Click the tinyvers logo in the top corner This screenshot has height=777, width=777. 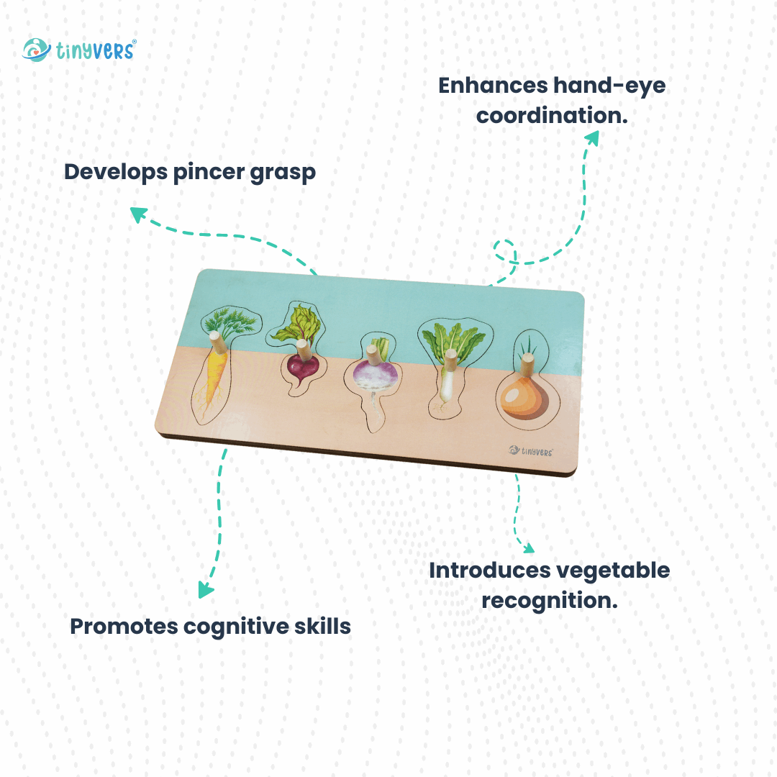[x=79, y=50]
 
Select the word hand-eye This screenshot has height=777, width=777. [x=609, y=86]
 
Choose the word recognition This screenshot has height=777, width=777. [x=550, y=599]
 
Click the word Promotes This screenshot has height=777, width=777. [x=123, y=626]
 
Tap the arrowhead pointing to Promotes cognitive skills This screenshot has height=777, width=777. [x=205, y=590]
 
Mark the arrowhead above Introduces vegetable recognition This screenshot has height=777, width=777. [x=527, y=548]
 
